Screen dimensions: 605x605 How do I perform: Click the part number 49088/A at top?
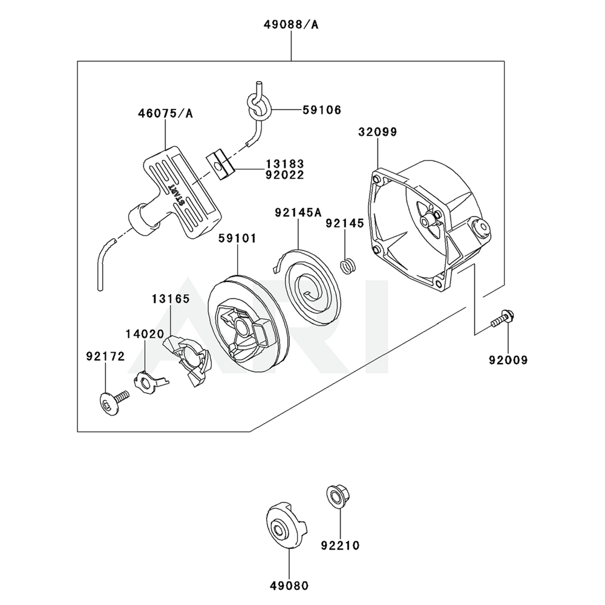[x=291, y=25]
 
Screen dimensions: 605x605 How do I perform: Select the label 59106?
[x=322, y=110]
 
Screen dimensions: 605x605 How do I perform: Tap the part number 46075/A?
[x=162, y=113]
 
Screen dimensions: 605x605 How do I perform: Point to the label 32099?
[x=378, y=132]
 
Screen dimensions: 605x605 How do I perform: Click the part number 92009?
[x=508, y=360]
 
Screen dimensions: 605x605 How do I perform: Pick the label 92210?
[x=340, y=546]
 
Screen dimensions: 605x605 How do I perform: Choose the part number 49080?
[x=289, y=586]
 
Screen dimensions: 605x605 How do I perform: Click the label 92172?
[x=105, y=357]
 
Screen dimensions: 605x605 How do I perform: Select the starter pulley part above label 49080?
[x=284, y=526]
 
